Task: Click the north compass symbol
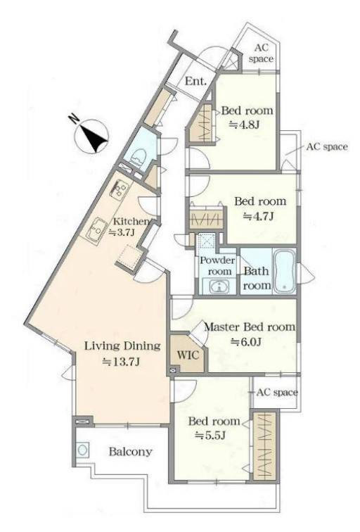(92, 136)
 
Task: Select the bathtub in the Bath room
(284, 271)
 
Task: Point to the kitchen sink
(96, 230)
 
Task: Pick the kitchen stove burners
(120, 190)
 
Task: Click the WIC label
(188, 355)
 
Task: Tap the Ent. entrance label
(196, 82)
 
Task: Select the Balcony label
(131, 452)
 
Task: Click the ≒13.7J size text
(122, 362)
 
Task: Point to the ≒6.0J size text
(246, 342)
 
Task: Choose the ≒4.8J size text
(245, 125)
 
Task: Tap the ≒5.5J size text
(210, 436)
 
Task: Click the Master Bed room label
(250, 327)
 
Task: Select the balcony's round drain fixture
(82, 450)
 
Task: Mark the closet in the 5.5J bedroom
(266, 445)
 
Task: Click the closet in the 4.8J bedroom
(202, 122)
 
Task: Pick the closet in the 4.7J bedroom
(206, 219)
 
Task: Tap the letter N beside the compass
(73, 119)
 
